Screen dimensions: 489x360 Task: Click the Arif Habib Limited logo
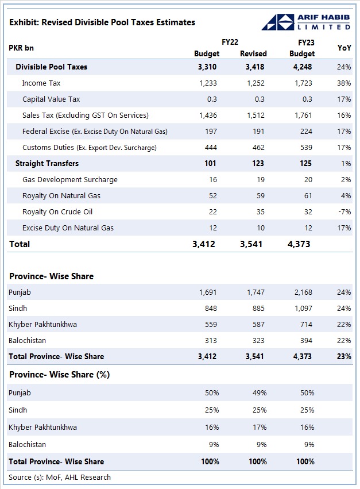(x=305, y=22)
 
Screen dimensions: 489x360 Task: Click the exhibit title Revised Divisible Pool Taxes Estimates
(x=102, y=22)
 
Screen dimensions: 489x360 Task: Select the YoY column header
(x=344, y=48)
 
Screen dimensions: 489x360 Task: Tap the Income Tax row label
(x=42, y=83)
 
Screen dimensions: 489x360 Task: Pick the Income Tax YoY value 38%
(x=344, y=83)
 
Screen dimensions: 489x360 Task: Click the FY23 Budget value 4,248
(x=302, y=67)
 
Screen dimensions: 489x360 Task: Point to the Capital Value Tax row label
(x=51, y=99)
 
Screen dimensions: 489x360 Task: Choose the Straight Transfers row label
(x=47, y=164)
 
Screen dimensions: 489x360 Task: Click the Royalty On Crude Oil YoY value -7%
(x=344, y=212)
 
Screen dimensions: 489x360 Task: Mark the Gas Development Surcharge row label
(x=70, y=180)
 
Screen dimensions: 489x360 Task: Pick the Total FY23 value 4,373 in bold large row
(x=299, y=244)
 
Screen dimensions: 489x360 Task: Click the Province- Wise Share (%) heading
(x=59, y=375)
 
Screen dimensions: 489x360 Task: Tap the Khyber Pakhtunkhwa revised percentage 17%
(x=259, y=428)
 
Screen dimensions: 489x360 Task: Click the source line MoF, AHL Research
(x=60, y=478)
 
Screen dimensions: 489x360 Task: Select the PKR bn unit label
(x=21, y=48)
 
